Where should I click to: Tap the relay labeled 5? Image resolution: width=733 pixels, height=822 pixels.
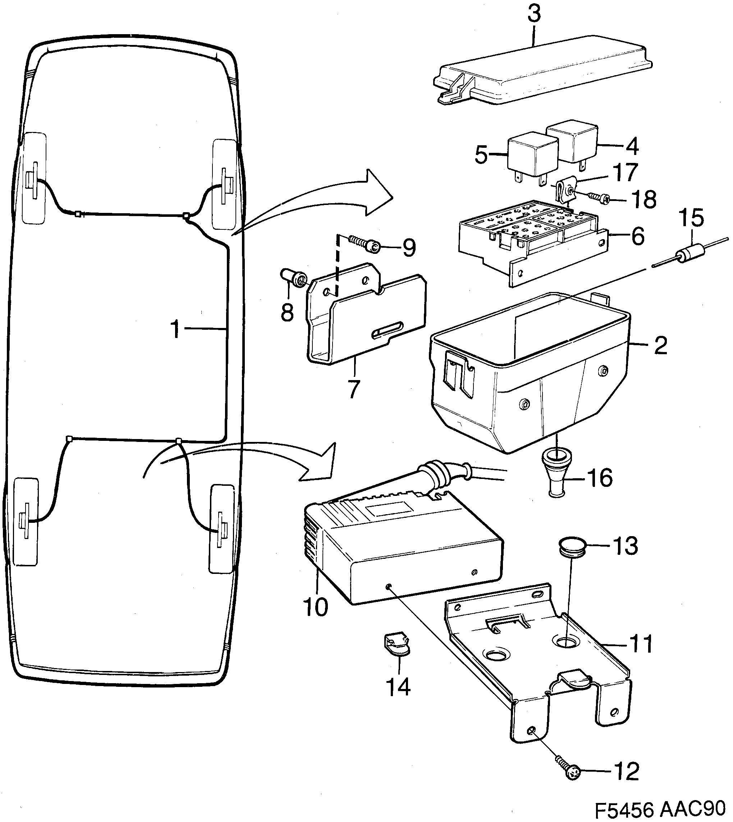coord(533,157)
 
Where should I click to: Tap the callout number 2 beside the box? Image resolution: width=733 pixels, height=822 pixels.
coord(660,345)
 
